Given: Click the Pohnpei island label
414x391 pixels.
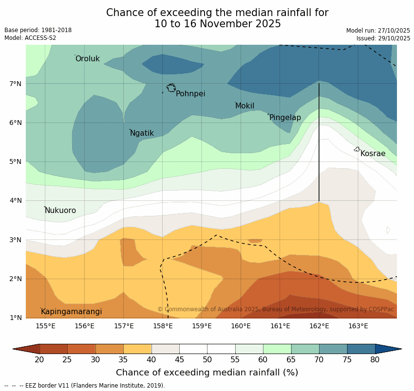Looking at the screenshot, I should click(x=190, y=94).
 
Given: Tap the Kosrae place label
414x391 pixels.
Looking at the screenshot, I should click(x=373, y=154).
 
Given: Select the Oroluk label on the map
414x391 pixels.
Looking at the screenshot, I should click(x=87, y=59).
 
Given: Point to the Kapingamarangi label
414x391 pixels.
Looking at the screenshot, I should click(x=72, y=312).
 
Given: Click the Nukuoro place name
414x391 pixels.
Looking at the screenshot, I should click(x=60, y=211).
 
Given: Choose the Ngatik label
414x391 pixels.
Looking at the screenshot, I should click(x=142, y=133).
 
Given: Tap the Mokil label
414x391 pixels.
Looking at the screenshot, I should click(x=245, y=106).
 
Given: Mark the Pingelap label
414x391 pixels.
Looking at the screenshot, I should click(x=285, y=118).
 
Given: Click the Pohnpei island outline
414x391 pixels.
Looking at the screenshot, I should click(x=171, y=88).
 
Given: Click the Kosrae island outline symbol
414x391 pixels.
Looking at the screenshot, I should click(x=357, y=149).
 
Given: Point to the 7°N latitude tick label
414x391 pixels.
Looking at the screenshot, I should click(x=16, y=84).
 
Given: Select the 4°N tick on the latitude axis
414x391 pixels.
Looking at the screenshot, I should click(x=16, y=200).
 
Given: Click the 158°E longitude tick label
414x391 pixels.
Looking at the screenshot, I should click(x=163, y=326).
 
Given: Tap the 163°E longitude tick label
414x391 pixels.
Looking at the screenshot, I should click(x=358, y=326).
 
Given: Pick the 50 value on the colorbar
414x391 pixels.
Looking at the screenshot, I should click(x=207, y=360).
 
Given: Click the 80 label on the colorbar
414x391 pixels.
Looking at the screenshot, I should click(x=375, y=360).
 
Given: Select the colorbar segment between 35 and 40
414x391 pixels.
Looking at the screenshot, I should click(x=137, y=349).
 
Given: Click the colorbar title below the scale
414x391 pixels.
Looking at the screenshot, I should click(x=207, y=373).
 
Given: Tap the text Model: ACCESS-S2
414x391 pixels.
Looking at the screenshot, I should click(x=30, y=38).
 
